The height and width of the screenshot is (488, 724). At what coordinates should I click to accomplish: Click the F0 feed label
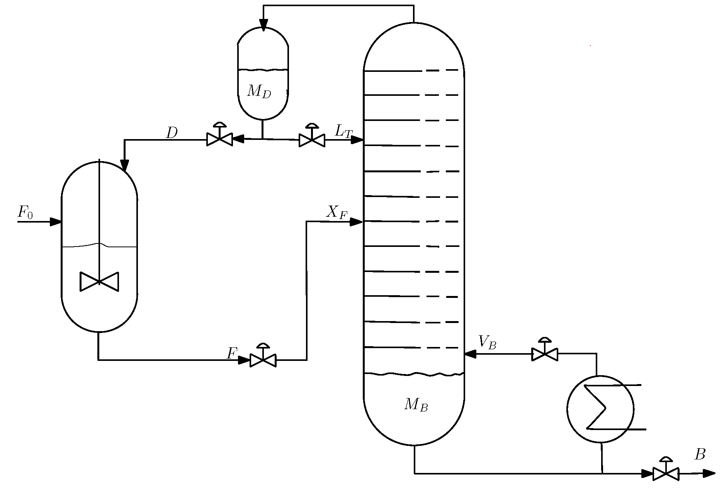click(x=25, y=212)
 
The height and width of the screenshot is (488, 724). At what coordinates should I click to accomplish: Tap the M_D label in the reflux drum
click(x=259, y=92)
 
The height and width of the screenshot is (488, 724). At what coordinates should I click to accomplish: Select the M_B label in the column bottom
click(x=416, y=405)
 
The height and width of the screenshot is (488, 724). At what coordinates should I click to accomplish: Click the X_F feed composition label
click(x=337, y=212)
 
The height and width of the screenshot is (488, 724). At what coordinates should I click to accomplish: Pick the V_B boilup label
click(x=487, y=342)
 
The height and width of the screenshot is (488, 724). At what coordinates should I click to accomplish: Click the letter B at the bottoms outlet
click(x=700, y=455)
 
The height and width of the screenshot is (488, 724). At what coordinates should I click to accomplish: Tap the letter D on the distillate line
click(x=172, y=133)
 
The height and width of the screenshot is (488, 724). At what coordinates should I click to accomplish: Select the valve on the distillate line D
click(x=219, y=138)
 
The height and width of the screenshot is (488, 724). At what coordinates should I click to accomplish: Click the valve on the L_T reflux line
click(x=312, y=139)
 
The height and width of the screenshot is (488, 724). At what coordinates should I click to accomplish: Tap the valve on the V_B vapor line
click(x=545, y=353)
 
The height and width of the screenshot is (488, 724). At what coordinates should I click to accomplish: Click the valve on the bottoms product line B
click(x=666, y=473)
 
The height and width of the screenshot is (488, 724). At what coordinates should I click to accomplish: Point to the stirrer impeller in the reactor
click(x=99, y=281)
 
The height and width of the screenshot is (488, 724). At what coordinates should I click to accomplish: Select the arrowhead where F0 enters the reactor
click(x=56, y=222)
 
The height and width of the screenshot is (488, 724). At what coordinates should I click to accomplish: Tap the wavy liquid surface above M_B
click(x=414, y=374)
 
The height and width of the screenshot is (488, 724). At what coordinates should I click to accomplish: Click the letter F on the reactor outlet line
click(x=231, y=353)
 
